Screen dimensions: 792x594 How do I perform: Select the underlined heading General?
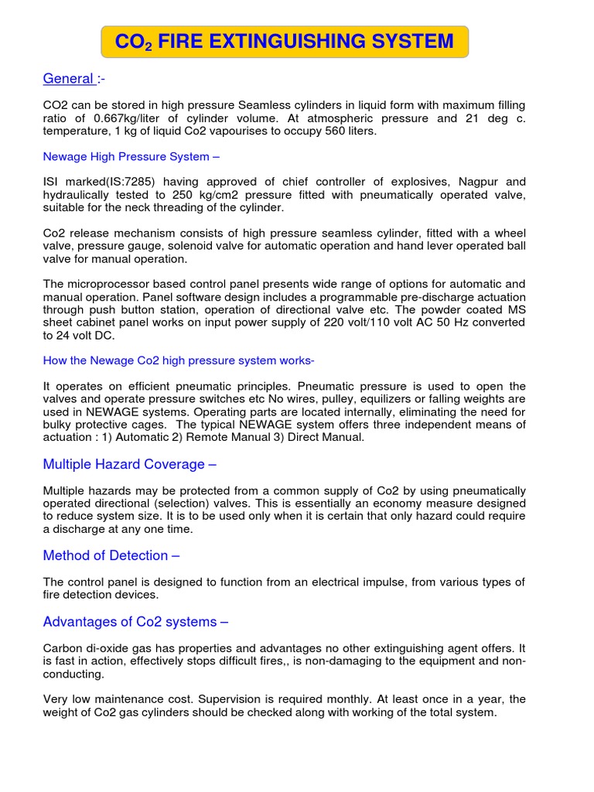[68, 78]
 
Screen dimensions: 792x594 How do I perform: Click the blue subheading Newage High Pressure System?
[131, 157]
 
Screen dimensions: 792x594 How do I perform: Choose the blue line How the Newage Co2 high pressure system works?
[179, 361]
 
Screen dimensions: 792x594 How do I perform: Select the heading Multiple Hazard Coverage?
[130, 464]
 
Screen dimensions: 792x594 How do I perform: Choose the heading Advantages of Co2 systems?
[135, 622]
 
